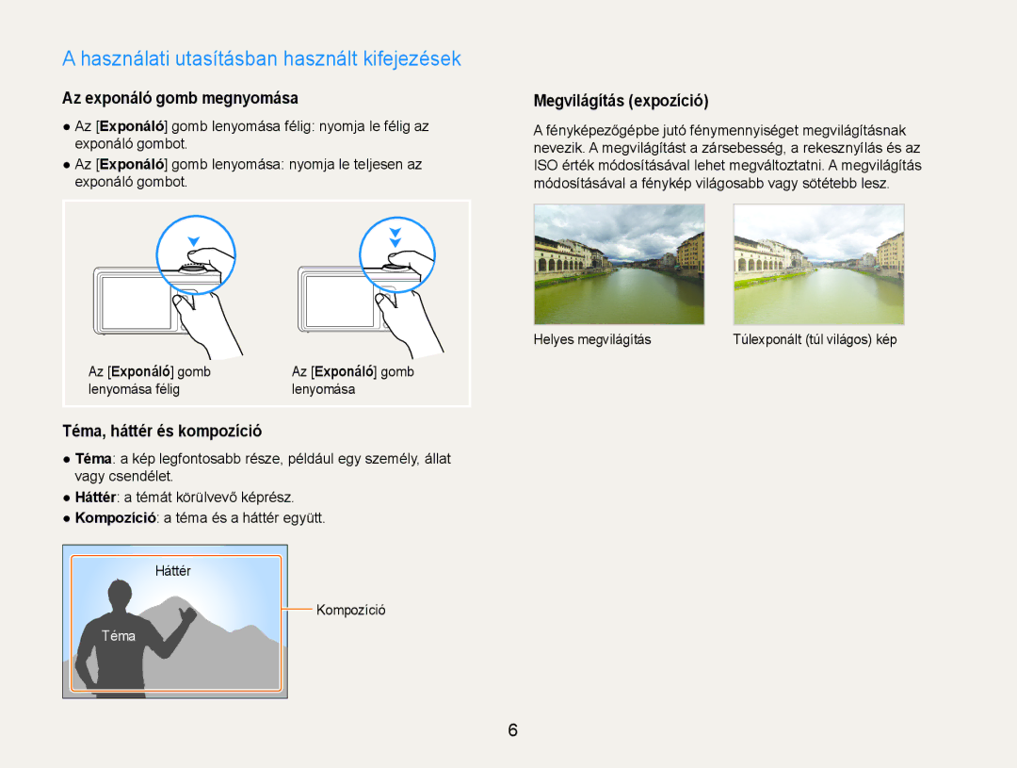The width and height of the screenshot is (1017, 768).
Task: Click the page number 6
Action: click(x=512, y=730)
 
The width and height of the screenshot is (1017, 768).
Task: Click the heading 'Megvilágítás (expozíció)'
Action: click(x=621, y=101)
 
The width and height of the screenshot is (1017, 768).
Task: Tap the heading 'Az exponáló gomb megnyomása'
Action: click(x=180, y=98)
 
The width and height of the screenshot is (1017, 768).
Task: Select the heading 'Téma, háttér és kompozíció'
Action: click(x=162, y=431)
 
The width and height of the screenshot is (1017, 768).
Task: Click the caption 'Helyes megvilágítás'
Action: click(x=592, y=339)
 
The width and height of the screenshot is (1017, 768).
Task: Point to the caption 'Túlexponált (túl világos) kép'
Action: click(x=815, y=339)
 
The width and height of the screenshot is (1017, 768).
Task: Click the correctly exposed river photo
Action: click(x=619, y=264)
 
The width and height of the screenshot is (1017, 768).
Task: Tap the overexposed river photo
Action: click(x=818, y=264)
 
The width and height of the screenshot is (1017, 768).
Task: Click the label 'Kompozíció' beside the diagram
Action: click(x=351, y=611)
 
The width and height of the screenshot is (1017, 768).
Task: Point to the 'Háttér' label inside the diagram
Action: click(x=173, y=571)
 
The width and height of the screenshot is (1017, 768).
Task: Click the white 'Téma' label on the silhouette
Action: click(x=119, y=636)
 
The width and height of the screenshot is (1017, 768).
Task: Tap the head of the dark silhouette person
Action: click(x=120, y=596)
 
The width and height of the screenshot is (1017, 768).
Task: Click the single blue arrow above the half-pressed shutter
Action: click(x=193, y=241)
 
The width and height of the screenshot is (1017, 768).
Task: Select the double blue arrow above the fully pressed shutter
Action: click(x=395, y=237)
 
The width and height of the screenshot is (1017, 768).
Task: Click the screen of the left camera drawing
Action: click(x=137, y=302)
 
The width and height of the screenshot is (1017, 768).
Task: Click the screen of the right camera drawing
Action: click(x=340, y=302)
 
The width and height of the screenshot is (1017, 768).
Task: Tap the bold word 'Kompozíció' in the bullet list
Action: click(x=116, y=518)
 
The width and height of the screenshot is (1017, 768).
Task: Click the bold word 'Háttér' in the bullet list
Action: click(x=95, y=498)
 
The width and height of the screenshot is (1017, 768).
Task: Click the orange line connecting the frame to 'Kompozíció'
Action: click(x=298, y=609)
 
